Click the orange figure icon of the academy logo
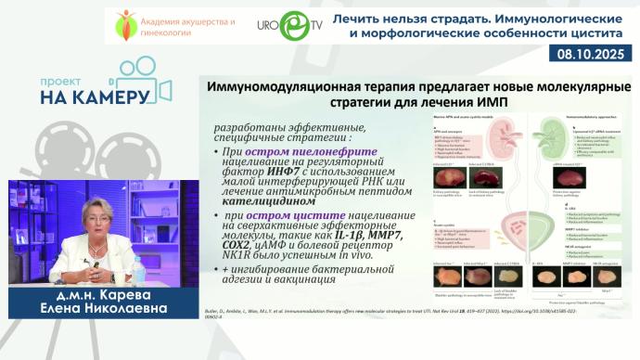coord(125,23)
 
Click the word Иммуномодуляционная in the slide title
coord(287,85)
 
